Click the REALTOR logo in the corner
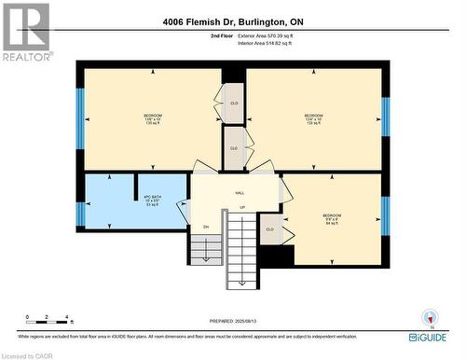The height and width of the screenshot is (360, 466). point(26,32)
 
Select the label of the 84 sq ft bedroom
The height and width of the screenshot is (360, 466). point(332,219)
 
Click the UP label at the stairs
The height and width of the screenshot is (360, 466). point(242,207)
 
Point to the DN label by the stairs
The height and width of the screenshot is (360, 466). point(205,226)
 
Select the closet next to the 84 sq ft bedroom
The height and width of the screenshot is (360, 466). point(270,228)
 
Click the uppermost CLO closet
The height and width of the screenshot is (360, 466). point(234,103)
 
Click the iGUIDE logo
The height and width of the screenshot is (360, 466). point(429,335)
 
